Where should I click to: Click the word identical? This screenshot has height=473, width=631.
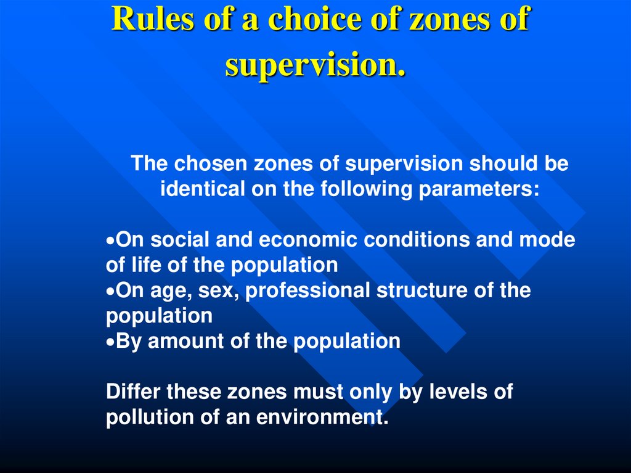click(202, 189)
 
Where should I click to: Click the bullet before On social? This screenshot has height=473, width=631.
click(110, 241)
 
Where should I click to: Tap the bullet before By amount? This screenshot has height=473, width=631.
click(110, 342)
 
